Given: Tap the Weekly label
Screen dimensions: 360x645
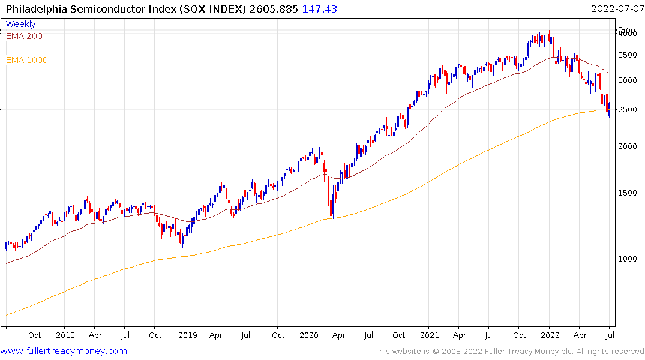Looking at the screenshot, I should point(20,24).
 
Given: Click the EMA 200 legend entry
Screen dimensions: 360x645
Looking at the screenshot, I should point(24,36).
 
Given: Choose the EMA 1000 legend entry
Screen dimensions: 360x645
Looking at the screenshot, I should point(27,60).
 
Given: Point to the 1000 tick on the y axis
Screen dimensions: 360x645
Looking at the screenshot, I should point(628,259).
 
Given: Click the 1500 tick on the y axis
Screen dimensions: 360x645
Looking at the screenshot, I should point(628,193).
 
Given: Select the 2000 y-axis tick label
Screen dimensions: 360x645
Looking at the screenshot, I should point(628,146).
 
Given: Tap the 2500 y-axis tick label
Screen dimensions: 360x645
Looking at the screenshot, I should point(628,110).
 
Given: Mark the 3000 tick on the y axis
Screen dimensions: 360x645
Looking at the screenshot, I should point(628,80).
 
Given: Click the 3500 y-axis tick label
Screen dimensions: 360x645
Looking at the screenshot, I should point(628,55).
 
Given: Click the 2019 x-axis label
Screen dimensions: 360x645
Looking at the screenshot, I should point(187,335).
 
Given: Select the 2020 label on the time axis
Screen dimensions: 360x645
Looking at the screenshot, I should point(308,335).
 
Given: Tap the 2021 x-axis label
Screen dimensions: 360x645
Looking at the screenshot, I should point(430,335).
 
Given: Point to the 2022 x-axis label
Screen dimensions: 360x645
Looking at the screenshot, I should point(550,335).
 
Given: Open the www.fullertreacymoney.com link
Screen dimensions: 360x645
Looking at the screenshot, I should point(64,351).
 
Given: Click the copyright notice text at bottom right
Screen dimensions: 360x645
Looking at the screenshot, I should point(509,352).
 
